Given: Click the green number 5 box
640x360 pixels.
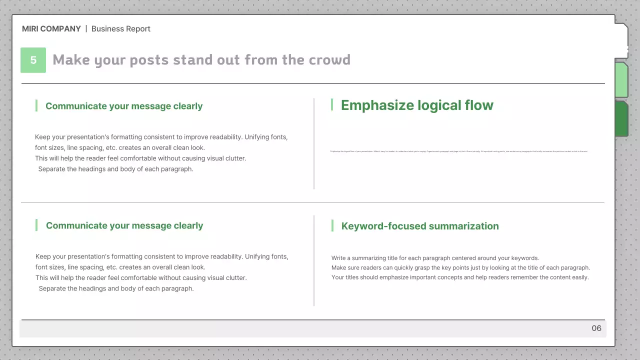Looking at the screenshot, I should point(33,60).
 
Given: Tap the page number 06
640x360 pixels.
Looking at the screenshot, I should point(596,328).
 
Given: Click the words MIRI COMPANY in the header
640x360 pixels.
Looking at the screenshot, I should point(51,29).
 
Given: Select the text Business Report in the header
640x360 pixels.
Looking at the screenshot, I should point(121,29).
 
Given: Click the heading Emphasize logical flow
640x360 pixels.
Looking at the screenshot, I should point(417,105).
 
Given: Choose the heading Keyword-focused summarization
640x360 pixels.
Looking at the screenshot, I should point(420,226).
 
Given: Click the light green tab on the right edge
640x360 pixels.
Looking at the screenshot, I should point(621,80).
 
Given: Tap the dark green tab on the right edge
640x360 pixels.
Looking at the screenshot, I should point(621,118).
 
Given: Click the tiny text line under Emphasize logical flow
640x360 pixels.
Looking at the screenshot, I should point(459,151).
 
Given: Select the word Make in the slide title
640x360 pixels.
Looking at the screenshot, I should point(71,60).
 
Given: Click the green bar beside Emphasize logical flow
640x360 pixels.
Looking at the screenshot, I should point(332,105).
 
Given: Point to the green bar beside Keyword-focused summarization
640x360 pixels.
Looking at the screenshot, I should point(332,225).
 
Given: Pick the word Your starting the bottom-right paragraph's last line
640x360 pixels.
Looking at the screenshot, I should point(338,277).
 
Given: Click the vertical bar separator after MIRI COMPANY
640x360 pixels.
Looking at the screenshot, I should point(86,29).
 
